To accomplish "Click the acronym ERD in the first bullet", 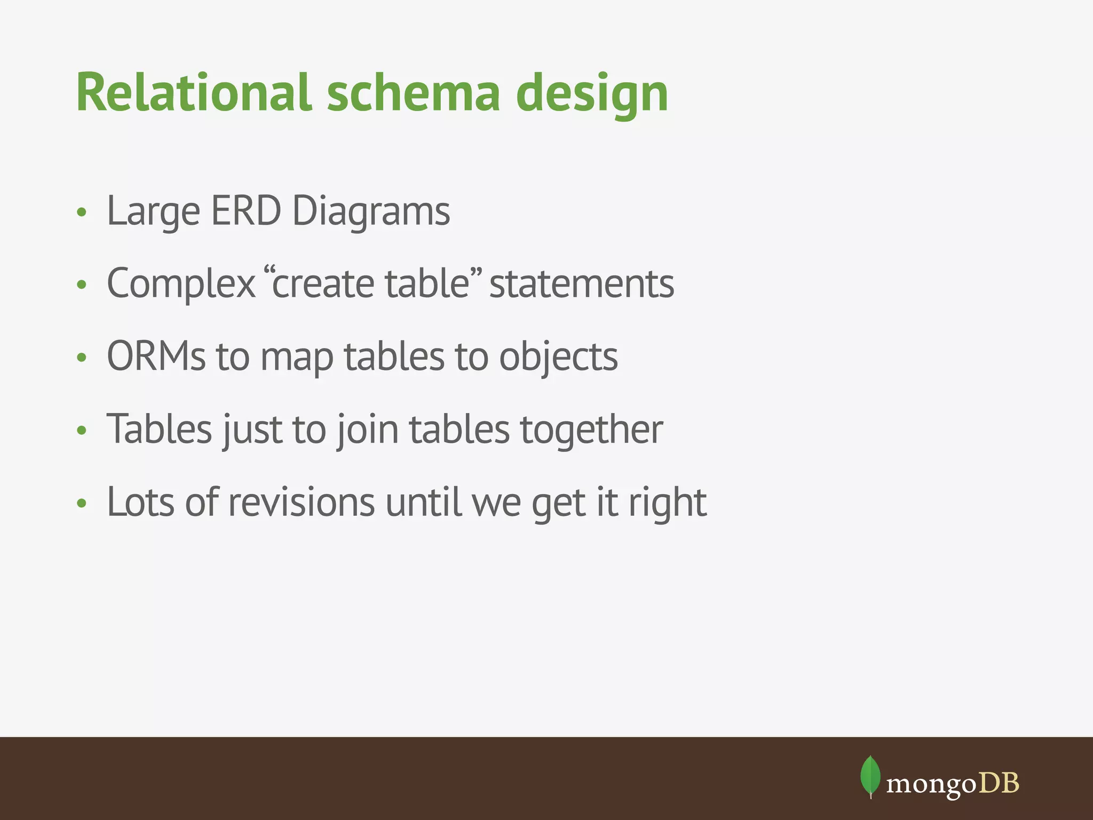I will point(245,211).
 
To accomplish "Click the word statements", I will point(582,283).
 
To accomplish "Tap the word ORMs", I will point(156,356).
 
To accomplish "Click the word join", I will point(368,430).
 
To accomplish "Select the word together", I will point(591,430).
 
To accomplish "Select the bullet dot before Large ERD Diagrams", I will point(81,212).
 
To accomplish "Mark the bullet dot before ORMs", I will point(81,357).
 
